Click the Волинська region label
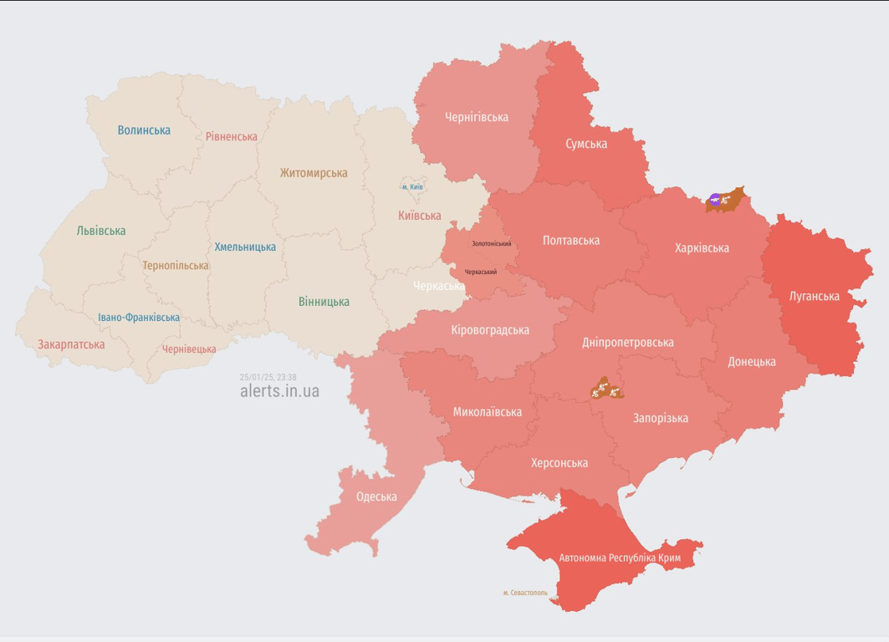click(x=144, y=130)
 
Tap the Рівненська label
click(x=232, y=136)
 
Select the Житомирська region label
click(x=314, y=173)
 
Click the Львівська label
click(x=101, y=231)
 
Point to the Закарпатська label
click(x=71, y=344)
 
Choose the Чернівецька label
click(x=189, y=349)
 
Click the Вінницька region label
click(x=324, y=302)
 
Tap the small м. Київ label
click(x=412, y=187)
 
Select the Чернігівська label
click(x=477, y=117)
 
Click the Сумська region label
click(x=586, y=144)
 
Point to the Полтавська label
click(x=571, y=241)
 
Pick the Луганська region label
click(x=815, y=296)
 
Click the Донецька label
click(x=751, y=362)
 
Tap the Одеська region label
click(x=376, y=497)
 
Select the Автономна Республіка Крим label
click(x=620, y=558)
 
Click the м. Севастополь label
click(x=525, y=593)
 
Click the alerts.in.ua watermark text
click(x=279, y=391)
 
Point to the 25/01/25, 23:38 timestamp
click(x=268, y=377)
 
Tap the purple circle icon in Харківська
click(x=714, y=200)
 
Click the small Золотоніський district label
click(x=491, y=244)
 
